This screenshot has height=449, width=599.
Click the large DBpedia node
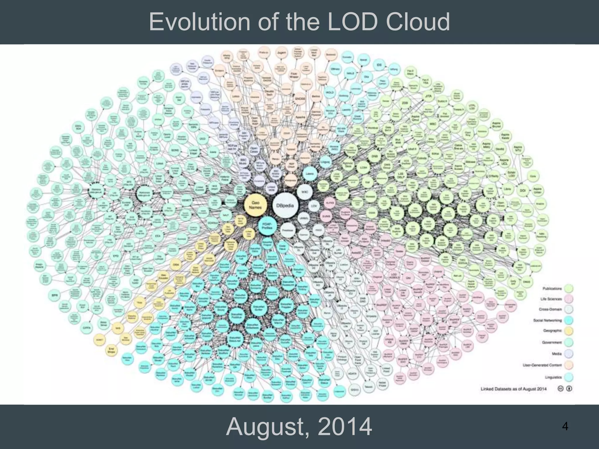(x=285, y=205)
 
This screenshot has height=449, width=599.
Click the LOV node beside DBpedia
(x=314, y=206)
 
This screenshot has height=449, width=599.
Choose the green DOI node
(x=522, y=190)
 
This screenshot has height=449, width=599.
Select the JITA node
(x=428, y=97)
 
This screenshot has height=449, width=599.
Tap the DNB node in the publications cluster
(x=375, y=156)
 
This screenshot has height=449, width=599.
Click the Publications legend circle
(x=569, y=289)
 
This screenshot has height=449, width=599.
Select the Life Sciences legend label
(x=551, y=299)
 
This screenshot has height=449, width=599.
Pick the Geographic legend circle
(x=569, y=331)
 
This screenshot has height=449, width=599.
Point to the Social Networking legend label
(x=547, y=320)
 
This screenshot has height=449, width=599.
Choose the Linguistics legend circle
(x=569, y=377)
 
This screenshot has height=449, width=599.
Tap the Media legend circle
(x=569, y=354)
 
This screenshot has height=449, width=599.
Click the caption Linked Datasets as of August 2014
(x=514, y=389)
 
